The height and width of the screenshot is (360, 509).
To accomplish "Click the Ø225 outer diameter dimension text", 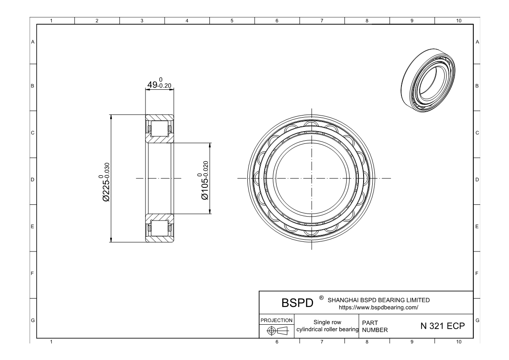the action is pyautogui.click(x=106, y=182).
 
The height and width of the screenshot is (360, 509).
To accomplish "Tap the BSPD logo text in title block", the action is pyautogui.click(x=297, y=303).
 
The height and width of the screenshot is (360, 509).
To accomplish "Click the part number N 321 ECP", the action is pyautogui.click(x=442, y=326).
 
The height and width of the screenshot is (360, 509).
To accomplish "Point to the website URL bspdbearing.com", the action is pyautogui.click(x=378, y=307).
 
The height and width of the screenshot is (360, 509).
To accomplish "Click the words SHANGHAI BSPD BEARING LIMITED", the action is pyautogui.click(x=378, y=300).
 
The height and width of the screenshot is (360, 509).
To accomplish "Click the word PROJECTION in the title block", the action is pyautogui.click(x=276, y=320).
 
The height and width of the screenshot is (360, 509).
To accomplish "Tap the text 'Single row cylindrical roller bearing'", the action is pyautogui.click(x=327, y=326).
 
